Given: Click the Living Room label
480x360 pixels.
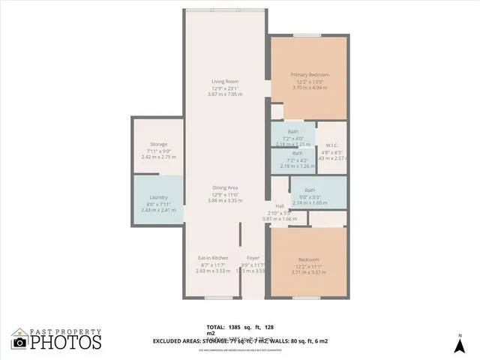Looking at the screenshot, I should pos(224,81).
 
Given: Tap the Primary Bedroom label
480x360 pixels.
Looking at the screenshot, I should pos(309,75).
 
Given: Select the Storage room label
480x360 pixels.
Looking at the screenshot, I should pos(158,144).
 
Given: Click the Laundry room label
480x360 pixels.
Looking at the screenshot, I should pos(158,197).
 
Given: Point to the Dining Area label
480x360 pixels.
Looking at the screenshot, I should pos(224,187).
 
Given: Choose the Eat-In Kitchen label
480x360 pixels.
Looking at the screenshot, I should pos(213,257).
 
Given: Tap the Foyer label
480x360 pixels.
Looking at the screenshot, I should pos(253,257).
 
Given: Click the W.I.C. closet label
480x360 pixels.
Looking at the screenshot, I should pos(332,145).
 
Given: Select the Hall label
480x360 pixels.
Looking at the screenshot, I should pos(279,205).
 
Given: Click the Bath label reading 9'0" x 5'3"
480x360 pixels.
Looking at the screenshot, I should pos(310,190).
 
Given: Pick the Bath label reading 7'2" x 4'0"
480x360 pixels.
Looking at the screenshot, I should pos(292,131).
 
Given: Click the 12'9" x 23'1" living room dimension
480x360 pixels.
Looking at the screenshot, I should pos(224,88).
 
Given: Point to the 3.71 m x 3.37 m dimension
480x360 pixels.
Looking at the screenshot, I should pos(309,271).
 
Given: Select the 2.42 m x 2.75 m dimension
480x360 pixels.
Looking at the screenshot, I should pos(158,158).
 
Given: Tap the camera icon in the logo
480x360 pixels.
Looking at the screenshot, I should pos(19,342).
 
